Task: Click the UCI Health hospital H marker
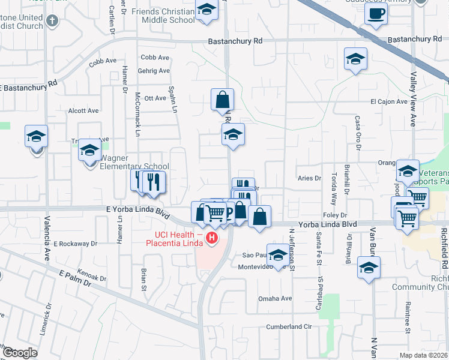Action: click(x=211, y=239)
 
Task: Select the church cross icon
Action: click(x=52, y=20)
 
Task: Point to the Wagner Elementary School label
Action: click(x=134, y=166)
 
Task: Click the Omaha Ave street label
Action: click(x=275, y=298)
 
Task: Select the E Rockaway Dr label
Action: click(x=75, y=244)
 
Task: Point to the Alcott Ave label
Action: click(x=83, y=110)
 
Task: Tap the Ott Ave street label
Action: click(x=155, y=98)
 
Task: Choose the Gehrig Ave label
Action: click(x=154, y=71)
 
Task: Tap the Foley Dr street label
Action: click(x=335, y=215)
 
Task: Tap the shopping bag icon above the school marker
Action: click(x=222, y=99)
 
